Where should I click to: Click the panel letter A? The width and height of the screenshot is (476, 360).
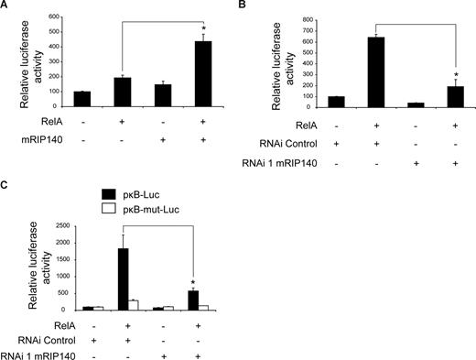pyautogui.click(x=5, y=6)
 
